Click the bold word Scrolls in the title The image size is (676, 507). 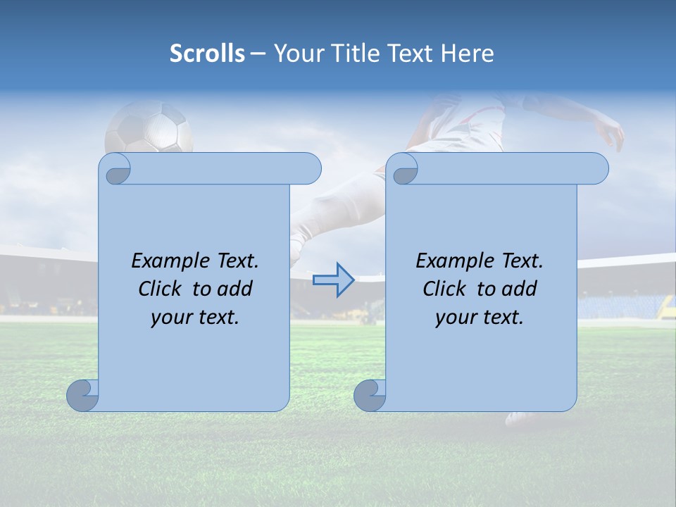(x=207, y=53)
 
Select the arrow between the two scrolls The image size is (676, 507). (x=333, y=280)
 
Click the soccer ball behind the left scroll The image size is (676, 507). (x=149, y=127)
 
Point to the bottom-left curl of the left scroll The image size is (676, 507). (x=82, y=396)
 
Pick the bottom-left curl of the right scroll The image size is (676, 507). (x=370, y=396)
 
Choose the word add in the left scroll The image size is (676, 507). (x=235, y=289)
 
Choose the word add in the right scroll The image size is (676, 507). (x=520, y=289)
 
